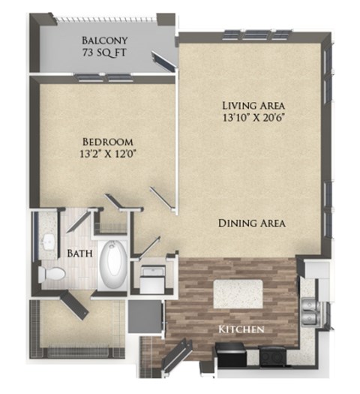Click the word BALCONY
104,40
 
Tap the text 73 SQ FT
104,53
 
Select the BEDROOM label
107,141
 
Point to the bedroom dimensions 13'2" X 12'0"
107,155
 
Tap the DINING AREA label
252,223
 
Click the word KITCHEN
240,330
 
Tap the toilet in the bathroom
51,275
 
